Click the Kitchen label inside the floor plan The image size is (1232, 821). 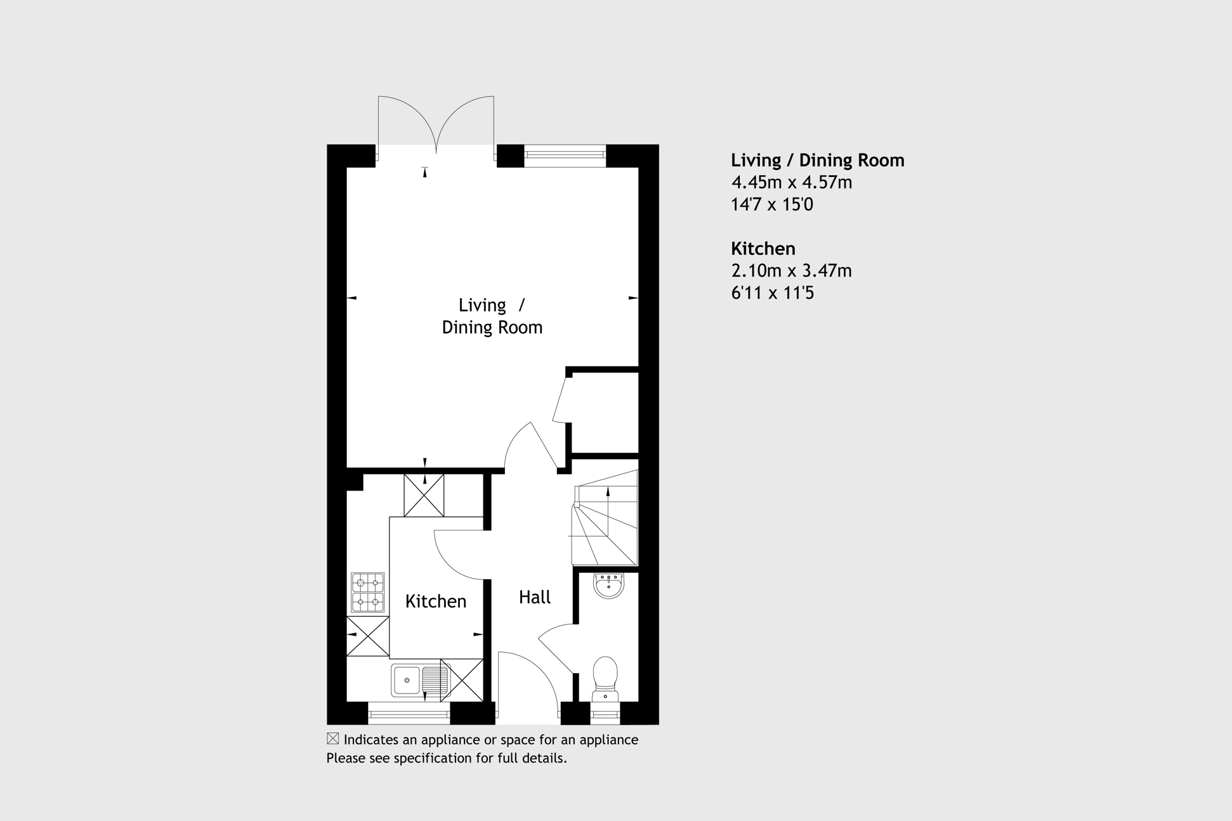click(435, 601)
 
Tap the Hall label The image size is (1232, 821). click(534, 597)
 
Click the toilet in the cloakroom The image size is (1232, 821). click(605, 678)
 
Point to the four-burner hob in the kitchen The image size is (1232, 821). click(367, 593)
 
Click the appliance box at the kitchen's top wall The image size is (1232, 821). click(424, 496)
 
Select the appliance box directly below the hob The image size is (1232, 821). click(367, 636)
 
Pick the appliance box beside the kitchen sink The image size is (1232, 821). click(462, 680)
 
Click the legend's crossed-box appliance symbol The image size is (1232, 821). click(332, 739)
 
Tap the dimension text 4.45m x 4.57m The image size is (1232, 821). click(791, 183)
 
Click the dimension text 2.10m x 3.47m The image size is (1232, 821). click(791, 271)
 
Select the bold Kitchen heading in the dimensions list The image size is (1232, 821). click(763, 249)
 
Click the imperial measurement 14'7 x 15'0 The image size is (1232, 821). click(771, 205)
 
